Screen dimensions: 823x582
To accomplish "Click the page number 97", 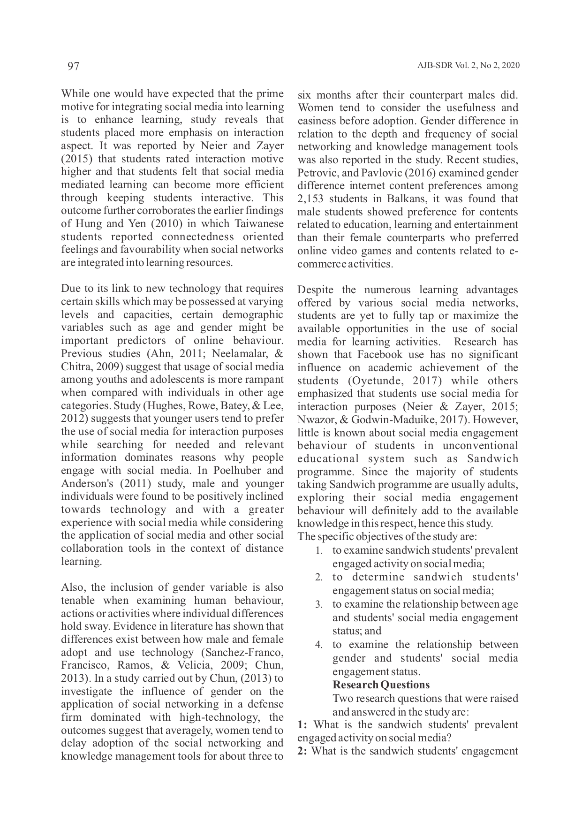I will (x=73, y=66).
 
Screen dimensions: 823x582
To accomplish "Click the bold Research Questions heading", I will (x=381, y=685).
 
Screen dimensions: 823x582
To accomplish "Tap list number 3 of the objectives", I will (x=319, y=605).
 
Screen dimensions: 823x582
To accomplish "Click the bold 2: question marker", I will (x=302, y=751).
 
